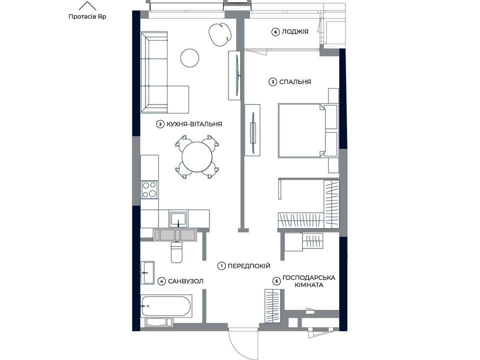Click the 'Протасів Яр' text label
(x=87, y=16)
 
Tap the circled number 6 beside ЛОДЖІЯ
(x=275, y=32)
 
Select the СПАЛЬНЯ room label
(x=295, y=82)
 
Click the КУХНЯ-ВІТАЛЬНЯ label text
(x=194, y=124)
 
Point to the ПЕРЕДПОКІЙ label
(x=249, y=266)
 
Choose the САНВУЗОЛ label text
(x=185, y=281)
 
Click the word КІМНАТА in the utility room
(x=309, y=285)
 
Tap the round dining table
(x=197, y=157)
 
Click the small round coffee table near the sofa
(x=190, y=58)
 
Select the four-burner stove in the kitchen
(x=149, y=190)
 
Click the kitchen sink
(x=178, y=219)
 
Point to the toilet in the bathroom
(x=176, y=252)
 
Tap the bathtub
(x=166, y=306)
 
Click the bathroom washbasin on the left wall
(x=147, y=273)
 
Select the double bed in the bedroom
(x=307, y=130)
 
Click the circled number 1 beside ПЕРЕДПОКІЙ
(x=221, y=266)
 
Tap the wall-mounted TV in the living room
(x=237, y=75)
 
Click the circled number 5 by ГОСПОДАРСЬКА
(x=276, y=281)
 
